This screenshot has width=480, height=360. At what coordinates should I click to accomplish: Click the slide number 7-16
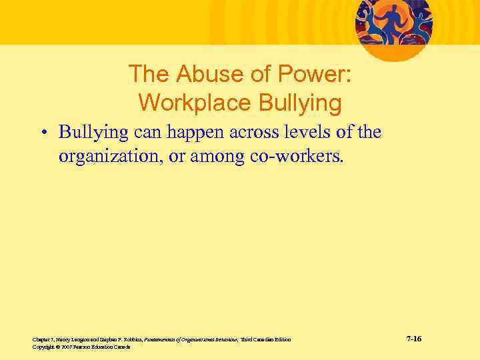coord(414,339)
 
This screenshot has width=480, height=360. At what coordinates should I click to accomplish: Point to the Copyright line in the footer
coord(81,347)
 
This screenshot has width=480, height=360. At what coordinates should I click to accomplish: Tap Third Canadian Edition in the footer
coord(266,340)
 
